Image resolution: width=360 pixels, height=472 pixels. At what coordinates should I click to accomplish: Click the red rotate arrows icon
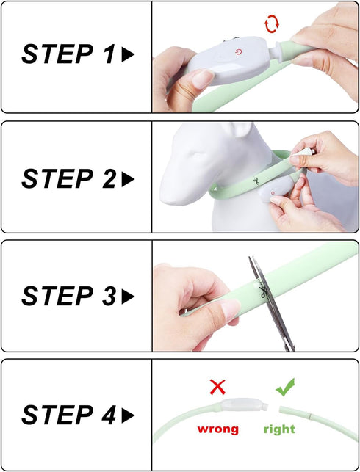click(x=272, y=25)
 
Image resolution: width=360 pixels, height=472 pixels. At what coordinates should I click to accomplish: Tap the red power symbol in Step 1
click(x=239, y=52)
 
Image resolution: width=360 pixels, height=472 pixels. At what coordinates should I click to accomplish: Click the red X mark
click(x=217, y=387)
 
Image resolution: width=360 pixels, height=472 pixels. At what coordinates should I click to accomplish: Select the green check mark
click(x=285, y=387)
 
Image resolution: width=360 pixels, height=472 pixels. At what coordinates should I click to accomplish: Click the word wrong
click(x=217, y=429)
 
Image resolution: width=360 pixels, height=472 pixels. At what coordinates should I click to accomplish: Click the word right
click(x=279, y=429)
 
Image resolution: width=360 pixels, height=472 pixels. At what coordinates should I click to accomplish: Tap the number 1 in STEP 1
click(x=109, y=54)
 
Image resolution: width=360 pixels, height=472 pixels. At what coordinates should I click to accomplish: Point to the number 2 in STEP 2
click(x=109, y=178)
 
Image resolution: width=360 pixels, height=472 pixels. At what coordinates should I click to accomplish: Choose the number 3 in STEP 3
click(x=109, y=297)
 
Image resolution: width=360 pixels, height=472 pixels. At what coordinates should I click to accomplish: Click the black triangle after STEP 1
click(x=128, y=54)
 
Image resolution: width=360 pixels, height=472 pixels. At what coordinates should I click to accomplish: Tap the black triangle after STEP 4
click(x=128, y=415)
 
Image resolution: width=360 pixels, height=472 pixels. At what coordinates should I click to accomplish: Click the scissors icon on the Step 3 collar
click(x=263, y=292)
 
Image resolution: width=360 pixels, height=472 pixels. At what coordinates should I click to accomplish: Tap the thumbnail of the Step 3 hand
click(x=229, y=310)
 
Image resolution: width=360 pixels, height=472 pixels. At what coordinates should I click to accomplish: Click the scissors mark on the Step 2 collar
click(x=256, y=182)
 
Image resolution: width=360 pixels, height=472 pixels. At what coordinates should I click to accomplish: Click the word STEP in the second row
click(x=57, y=179)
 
